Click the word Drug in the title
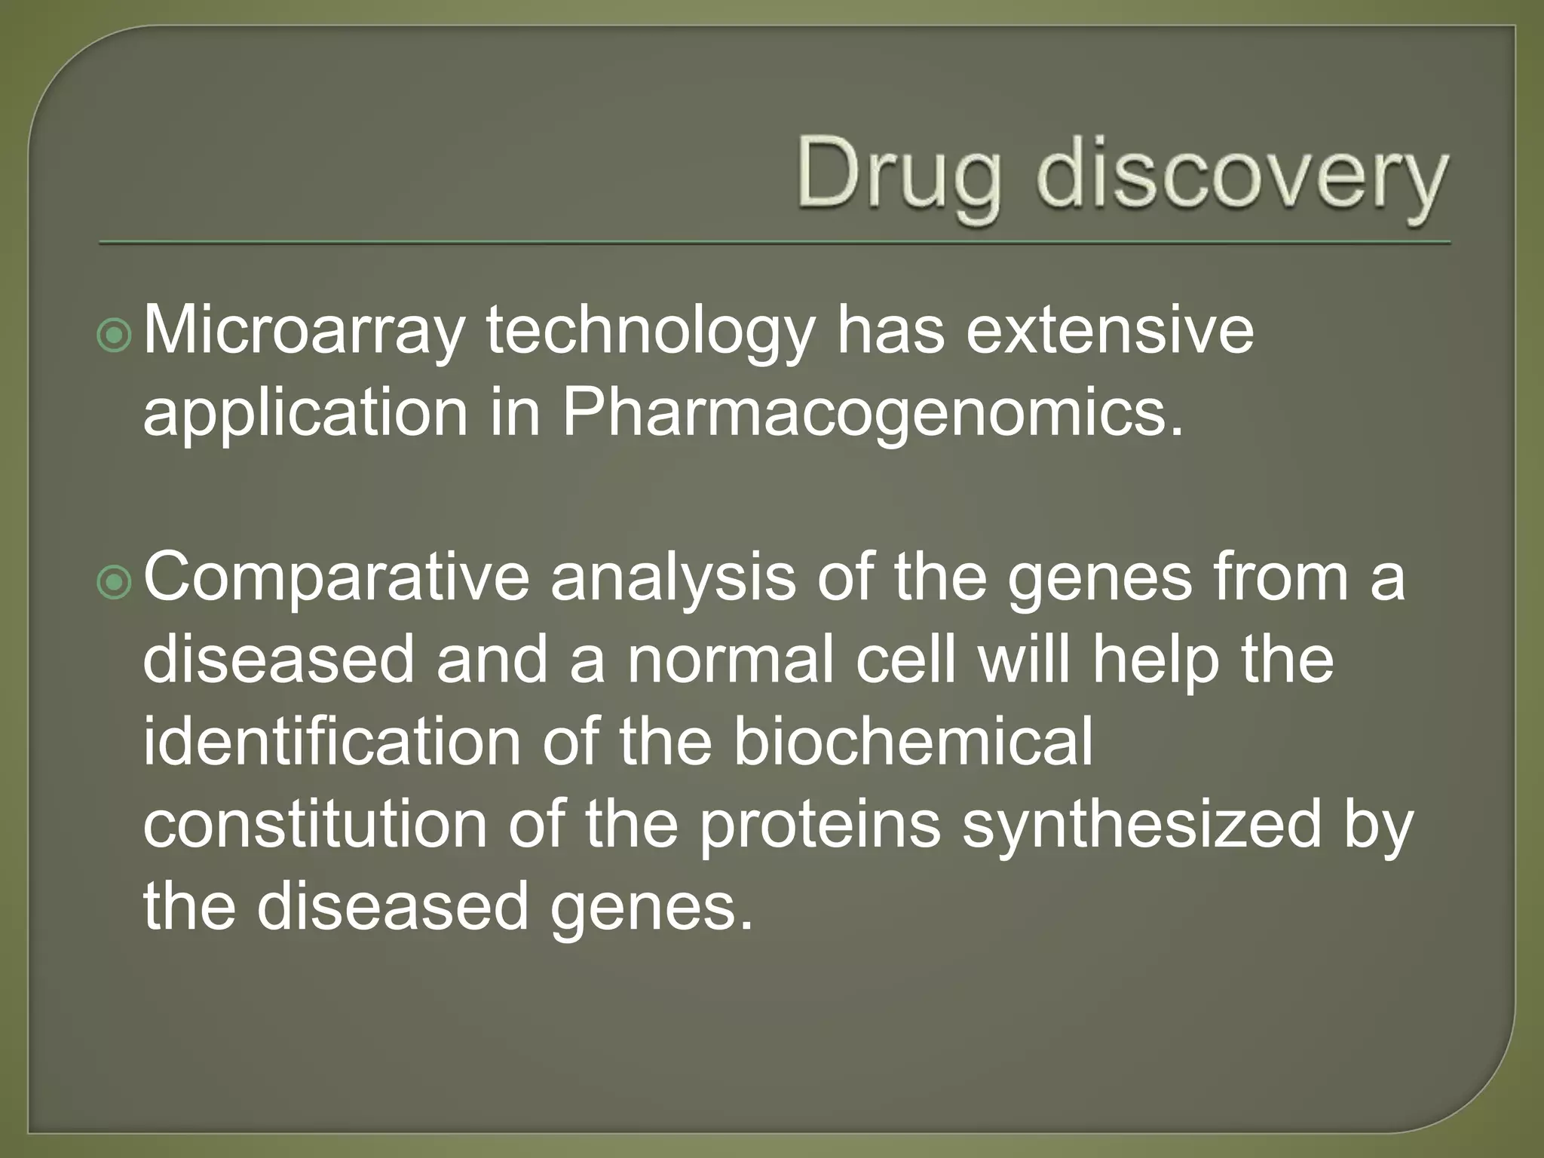[x=899, y=175]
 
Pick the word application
[x=305, y=415]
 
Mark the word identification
[x=332, y=742]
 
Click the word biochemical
[x=912, y=742]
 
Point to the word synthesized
[x=1142, y=826]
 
